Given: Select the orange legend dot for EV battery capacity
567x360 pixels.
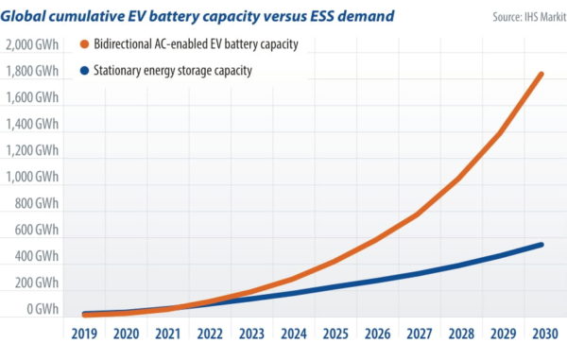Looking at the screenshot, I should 85,45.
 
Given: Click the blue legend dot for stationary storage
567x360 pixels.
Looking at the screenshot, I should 85,71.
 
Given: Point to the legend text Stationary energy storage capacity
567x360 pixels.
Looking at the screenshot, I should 173,71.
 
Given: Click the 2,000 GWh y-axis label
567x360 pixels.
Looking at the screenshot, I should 32,44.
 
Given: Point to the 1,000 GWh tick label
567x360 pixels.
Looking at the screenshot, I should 32,177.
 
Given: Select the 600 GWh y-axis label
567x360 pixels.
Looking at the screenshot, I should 36,230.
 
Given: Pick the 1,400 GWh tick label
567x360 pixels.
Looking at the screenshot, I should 32,124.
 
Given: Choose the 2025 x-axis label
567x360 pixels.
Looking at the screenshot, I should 334,334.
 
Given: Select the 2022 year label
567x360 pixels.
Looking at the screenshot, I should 210,334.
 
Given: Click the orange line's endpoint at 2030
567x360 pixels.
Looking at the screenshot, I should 541,74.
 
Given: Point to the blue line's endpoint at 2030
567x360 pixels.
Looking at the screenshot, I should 541,245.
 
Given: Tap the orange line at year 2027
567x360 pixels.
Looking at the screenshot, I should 417,214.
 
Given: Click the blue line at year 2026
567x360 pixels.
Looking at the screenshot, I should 375,280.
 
